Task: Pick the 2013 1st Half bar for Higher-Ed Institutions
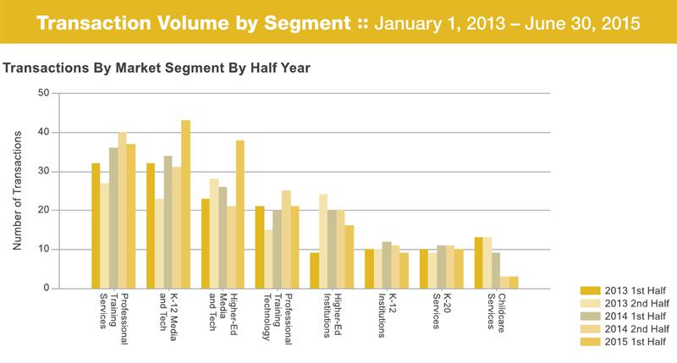[x=315, y=271]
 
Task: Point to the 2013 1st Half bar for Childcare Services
[x=479, y=263]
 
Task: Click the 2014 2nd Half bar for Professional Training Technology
[x=286, y=239]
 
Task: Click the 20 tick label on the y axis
[x=41, y=211]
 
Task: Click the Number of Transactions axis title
[x=17, y=190]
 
